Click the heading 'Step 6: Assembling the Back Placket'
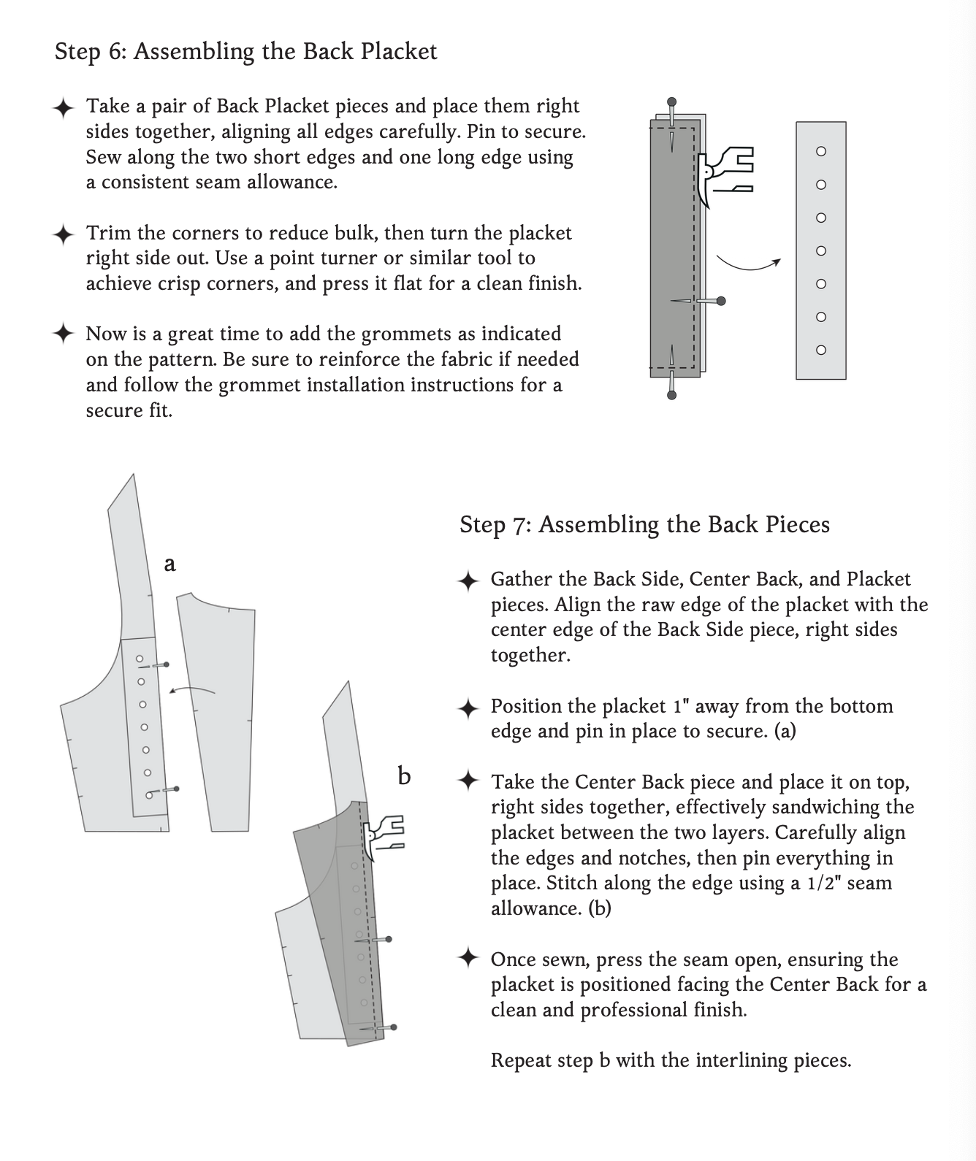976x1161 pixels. [245, 52]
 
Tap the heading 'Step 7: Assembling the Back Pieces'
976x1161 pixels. [644, 525]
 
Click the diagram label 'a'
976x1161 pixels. [169, 564]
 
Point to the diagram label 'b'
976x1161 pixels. [404, 775]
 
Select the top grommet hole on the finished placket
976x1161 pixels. [820, 151]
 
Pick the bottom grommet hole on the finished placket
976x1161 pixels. [820, 350]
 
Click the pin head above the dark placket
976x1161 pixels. [671, 101]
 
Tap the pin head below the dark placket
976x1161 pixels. [671, 395]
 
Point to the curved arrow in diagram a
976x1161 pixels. [192, 689]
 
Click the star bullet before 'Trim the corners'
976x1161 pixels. [64, 234]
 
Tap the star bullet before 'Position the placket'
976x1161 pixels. [468, 708]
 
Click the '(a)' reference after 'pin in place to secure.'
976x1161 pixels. [785, 731]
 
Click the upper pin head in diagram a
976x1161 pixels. [166, 664]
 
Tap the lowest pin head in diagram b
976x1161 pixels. [394, 1027]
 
